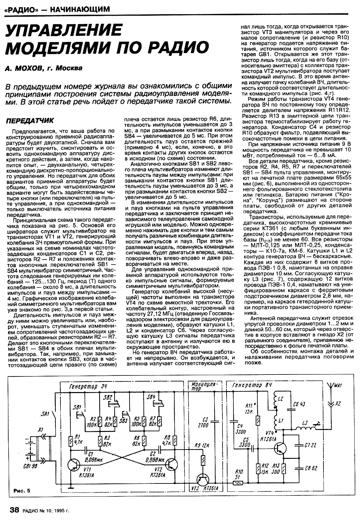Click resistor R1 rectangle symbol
coord(71,441)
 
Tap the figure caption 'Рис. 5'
coord(22,490)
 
